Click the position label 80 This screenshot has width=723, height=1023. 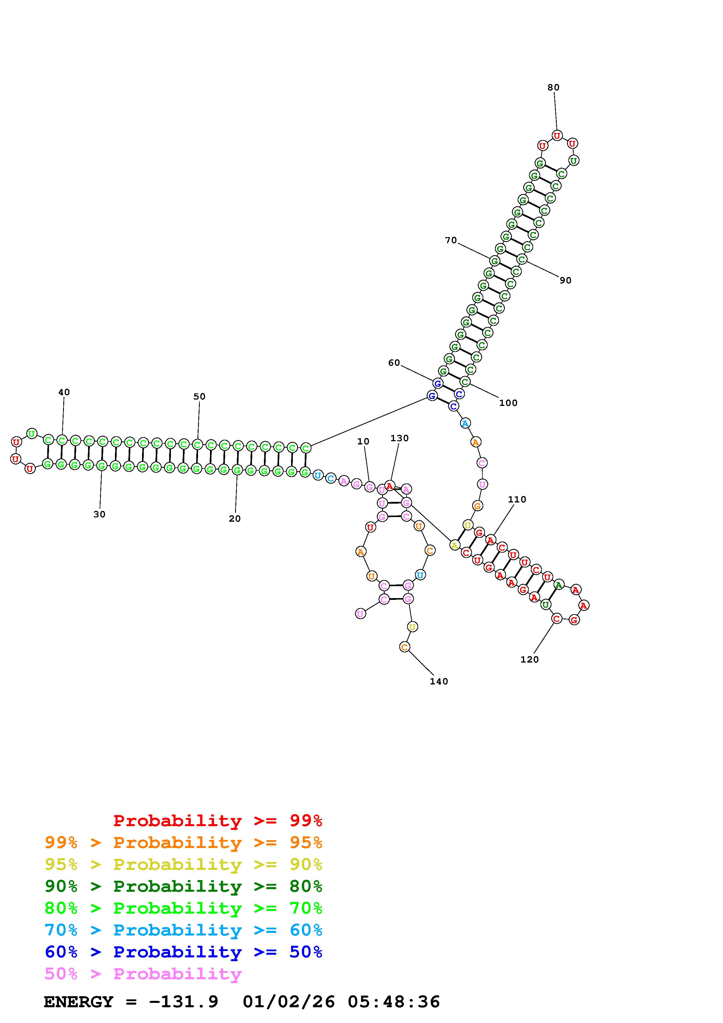(553, 87)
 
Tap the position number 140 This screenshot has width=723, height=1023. (439, 681)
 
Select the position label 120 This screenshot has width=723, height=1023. (530, 659)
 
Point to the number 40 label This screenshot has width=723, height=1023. (64, 392)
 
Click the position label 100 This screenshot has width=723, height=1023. (508, 403)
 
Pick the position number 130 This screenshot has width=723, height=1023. (400, 438)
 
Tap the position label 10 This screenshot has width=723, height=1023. (363, 441)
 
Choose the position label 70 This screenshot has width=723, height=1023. (451, 240)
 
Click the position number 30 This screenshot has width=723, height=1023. (99, 514)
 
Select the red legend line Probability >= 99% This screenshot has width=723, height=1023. (218, 821)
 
